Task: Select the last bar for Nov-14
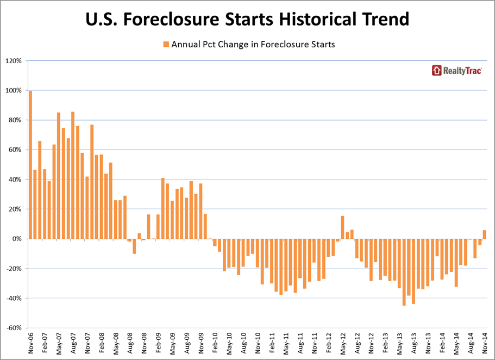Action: (x=485, y=234)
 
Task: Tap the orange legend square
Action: (x=166, y=45)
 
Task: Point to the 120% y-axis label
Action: (x=14, y=60)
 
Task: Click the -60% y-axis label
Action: (x=14, y=328)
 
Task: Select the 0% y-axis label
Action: (x=17, y=239)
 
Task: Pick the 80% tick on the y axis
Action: (x=15, y=120)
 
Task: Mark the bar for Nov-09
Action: (x=200, y=211)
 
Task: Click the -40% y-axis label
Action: (x=14, y=298)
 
